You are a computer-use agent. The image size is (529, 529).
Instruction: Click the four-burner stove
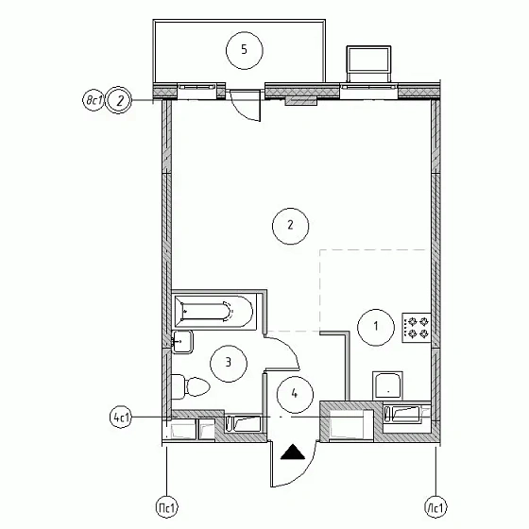416,328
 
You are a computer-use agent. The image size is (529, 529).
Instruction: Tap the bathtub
213,312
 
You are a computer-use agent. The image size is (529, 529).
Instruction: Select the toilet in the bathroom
191,386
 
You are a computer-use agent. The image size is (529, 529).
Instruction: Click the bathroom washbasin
182,342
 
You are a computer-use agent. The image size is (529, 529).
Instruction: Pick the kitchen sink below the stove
387,385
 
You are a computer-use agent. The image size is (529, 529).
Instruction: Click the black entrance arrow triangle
293,452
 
